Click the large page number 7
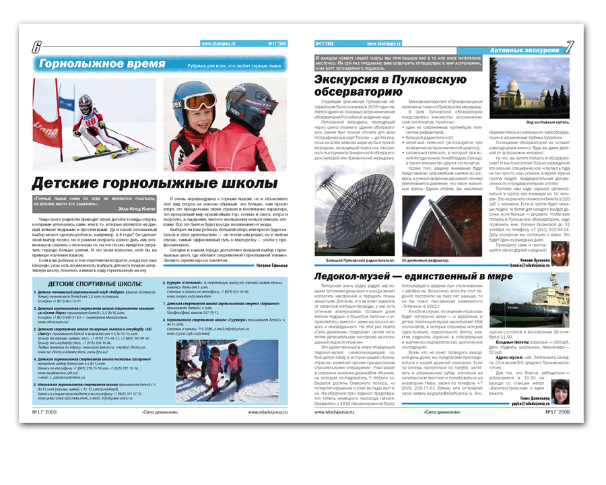(570, 47)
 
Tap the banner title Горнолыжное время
(102, 64)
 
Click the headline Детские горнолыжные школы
(145, 183)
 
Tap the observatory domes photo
(539, 88)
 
